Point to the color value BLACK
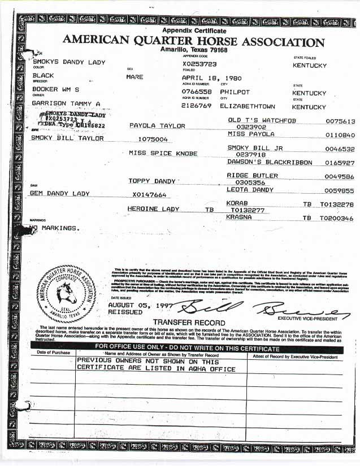(44, 75)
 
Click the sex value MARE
(135, 77)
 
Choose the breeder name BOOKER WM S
(55, 89)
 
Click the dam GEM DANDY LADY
(60, 194)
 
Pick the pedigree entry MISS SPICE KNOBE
(163, 153)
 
